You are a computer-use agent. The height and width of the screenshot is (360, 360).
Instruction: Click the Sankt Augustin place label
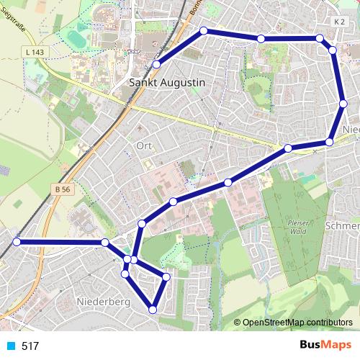point(166,83)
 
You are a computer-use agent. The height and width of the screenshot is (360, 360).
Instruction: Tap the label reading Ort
point(144,145)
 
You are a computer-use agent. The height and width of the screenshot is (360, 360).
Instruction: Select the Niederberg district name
point(102,302)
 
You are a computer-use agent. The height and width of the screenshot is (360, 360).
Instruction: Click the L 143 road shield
point(34,53)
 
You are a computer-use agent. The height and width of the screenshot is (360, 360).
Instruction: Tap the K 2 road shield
point(340,22)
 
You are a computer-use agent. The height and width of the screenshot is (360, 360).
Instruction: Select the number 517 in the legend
point(30,346)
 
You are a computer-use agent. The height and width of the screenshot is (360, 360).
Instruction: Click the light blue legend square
point(11,346)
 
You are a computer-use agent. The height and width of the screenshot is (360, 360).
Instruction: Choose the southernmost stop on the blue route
point(152,310)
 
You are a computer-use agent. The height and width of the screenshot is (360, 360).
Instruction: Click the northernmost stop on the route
point(204,31)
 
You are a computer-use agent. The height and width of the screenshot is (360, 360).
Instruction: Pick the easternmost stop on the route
point(343,104)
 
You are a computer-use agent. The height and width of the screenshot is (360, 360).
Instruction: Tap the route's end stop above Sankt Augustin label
point(156,65)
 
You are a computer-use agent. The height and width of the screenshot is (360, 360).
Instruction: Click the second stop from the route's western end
point(105,243)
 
